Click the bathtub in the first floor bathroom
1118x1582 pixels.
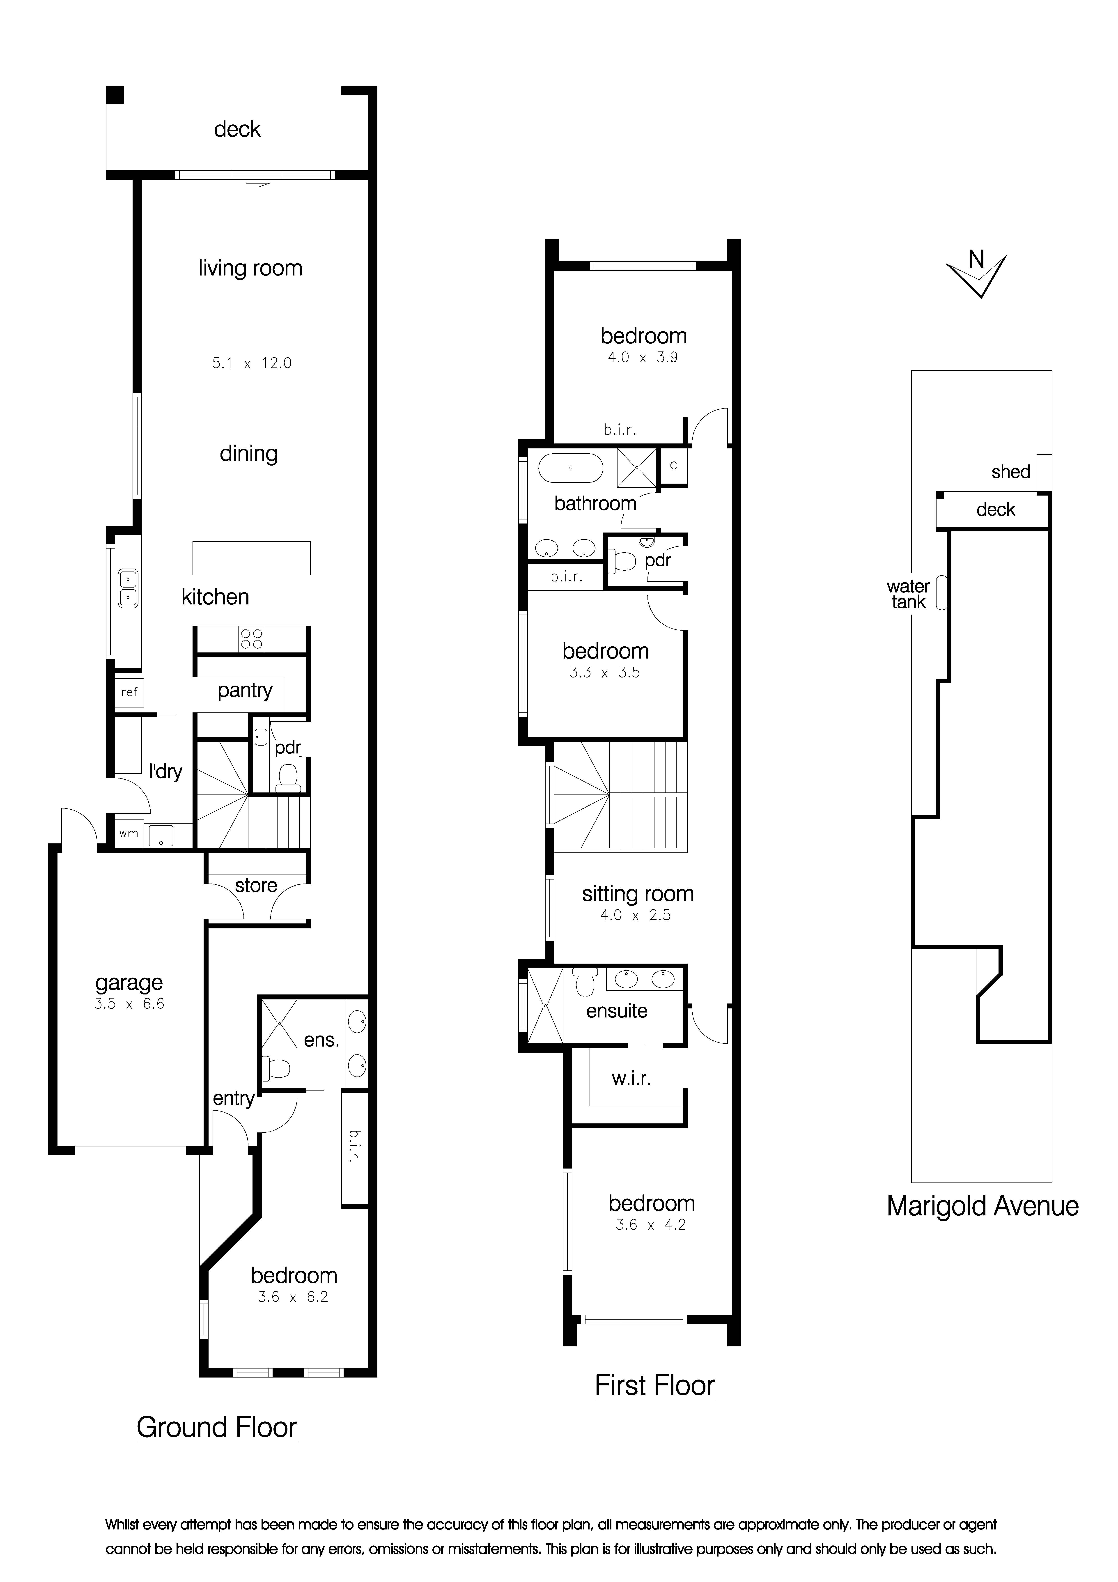tap(570, 468)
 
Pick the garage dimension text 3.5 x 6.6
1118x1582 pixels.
tap(129, 1004)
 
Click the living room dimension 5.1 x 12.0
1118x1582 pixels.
tap(251, 363)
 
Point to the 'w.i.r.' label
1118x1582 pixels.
tap(631, 1078)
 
